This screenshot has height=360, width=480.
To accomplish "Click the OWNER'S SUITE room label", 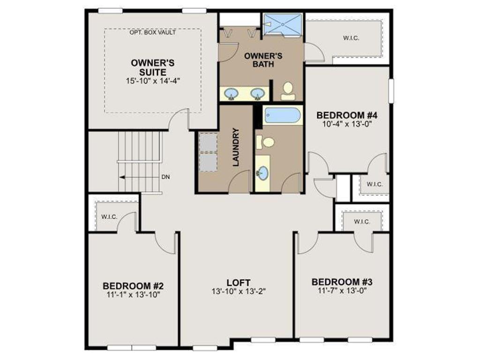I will [146, 67].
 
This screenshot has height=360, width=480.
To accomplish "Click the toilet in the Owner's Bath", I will [288, 90].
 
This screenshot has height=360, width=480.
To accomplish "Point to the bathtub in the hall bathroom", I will [282, 115].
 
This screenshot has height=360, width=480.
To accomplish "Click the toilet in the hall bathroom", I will [267, 142].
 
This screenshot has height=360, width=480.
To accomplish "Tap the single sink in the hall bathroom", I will [262, 173].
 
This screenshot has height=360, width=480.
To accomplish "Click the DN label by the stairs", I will [165, 177].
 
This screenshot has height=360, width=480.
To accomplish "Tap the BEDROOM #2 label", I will [133, 285].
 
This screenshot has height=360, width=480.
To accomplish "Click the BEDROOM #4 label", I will [347, 115].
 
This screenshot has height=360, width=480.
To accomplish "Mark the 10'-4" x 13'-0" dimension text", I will [347, 124].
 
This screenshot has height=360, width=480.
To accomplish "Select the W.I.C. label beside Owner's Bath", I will [351, 38].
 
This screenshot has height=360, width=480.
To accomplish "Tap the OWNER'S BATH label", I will [263, 60].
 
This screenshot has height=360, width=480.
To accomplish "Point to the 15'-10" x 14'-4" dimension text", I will [146, 81].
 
